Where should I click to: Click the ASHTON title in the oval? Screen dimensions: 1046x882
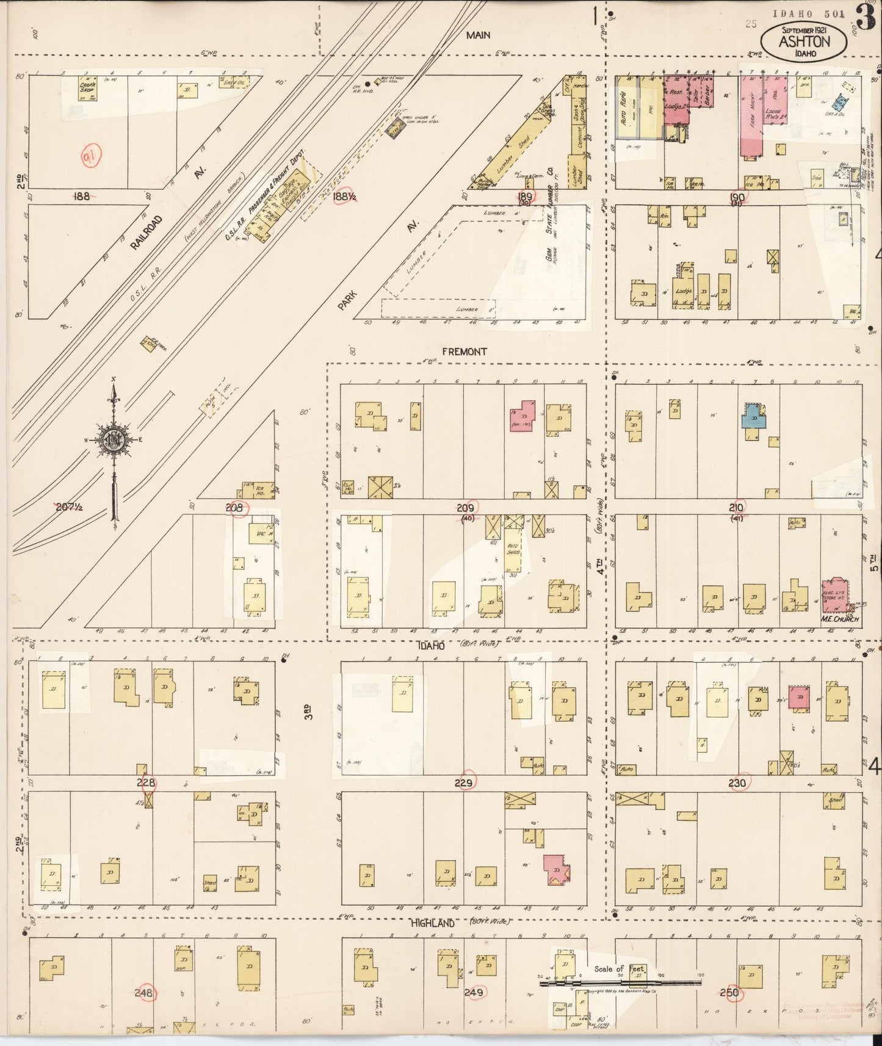tap(804, 42)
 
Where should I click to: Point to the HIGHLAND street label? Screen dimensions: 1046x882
tap(432, 923)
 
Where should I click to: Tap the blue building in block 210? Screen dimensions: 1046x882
tap(754, 417)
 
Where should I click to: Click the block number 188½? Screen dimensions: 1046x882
tap(345, 196)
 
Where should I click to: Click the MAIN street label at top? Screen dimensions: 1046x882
tap(477, 35)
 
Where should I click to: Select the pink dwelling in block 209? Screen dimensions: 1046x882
tap(522, 416)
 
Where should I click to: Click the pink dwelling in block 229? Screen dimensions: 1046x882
tap(557, 870)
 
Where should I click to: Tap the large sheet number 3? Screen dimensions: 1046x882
tap(867, 17)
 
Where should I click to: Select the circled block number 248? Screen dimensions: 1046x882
tap(145, 993)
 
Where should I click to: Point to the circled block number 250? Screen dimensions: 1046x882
tap(729, 993)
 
